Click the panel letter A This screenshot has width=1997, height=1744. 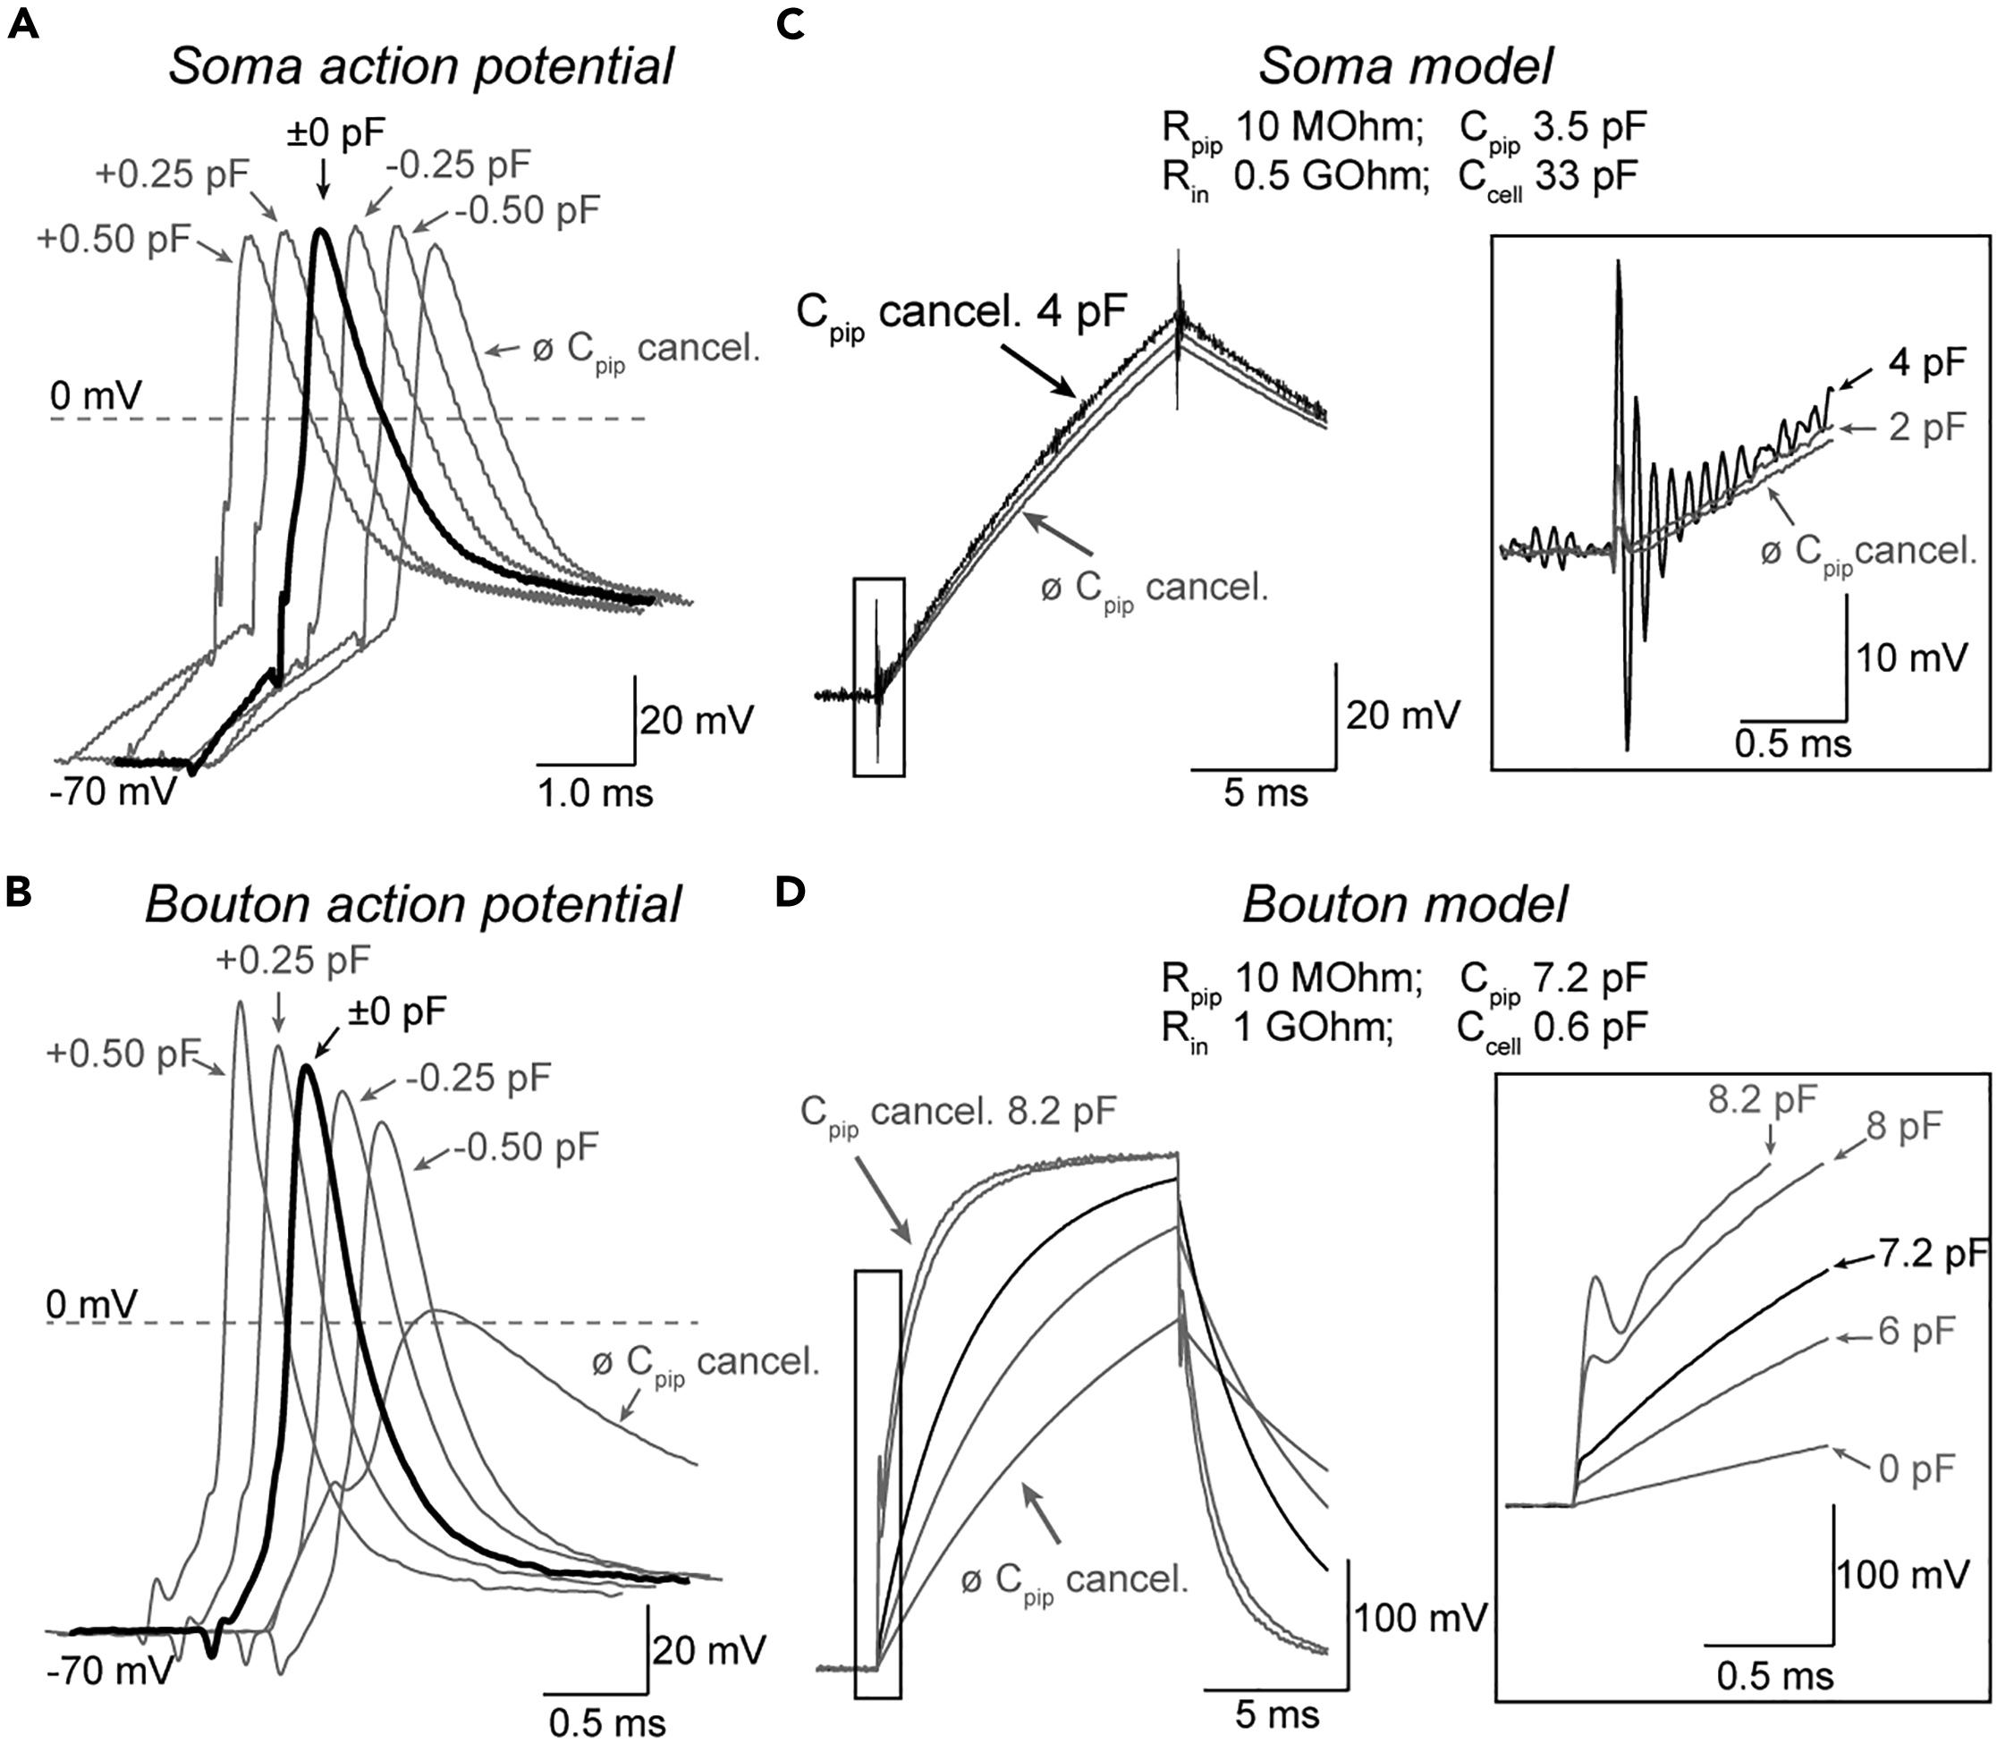pyautogui.click(x=22, y=24)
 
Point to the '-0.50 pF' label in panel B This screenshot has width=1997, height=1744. pyautogui.click(x=527, y=1147)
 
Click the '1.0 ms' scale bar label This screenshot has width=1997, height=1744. pyautogui.click(x=596, y=793)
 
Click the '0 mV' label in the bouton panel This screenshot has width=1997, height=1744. pyautogui.click(x=93, y=1303)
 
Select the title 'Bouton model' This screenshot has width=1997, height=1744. pyautogui.click(x=1404, y=905)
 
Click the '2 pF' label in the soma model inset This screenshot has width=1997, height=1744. pyautogui.click(x=1927, y=427)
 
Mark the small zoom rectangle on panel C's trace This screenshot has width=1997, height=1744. pyautogui.click(x=879, y=676)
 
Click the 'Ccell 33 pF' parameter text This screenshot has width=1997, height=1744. pyautogui.click(x=1547, y=178)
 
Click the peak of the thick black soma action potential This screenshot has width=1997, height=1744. pyautogui.click(x=320, y=231)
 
